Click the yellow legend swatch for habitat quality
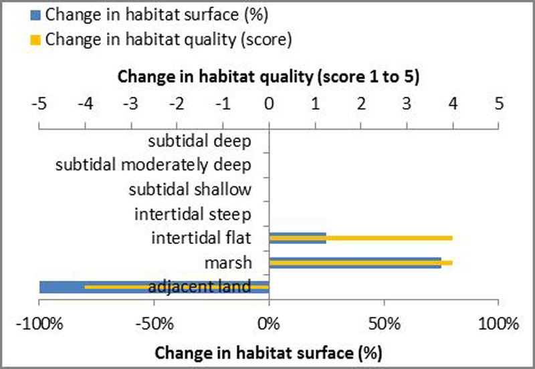point(39,39)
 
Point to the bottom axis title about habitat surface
point(269,352)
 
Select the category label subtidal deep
point(199,141)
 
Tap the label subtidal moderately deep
point(153,165)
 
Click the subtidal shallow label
point(190,189)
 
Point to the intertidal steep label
point(193,214)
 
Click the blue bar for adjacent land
point(60,283)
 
